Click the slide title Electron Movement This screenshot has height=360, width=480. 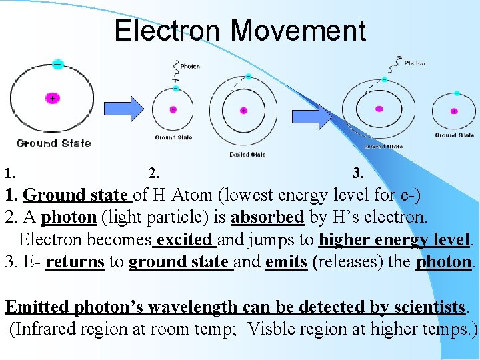240,31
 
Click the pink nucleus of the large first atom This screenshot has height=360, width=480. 53,98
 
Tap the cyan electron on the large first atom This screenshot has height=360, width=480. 58,65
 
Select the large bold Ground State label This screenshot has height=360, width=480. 53,143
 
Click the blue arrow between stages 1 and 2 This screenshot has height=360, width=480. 127,108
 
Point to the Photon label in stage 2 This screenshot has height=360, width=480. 190,67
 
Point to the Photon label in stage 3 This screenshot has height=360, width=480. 415,63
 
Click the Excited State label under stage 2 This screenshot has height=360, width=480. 247,154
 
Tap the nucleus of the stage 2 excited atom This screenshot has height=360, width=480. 243,110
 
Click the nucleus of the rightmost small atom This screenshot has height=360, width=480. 455,111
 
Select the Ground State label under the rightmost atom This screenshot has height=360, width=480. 455,135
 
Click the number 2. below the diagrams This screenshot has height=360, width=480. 154,173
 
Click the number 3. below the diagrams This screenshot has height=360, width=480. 358,173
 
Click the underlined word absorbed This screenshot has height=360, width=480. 267,217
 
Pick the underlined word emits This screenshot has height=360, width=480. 285,261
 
